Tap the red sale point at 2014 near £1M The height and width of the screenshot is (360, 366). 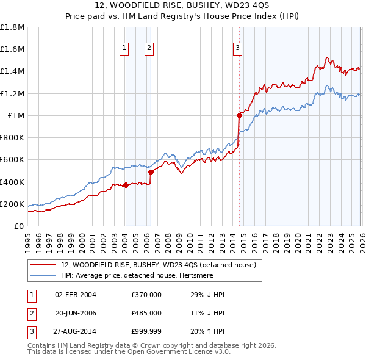(x=239, y=115)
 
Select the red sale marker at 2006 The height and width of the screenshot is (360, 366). (x=151, y=172)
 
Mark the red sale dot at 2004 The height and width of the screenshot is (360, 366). (x=125, y=185)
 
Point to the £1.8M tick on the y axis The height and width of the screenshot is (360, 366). (x=12, y=27)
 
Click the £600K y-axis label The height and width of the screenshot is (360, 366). (x=12, y=160)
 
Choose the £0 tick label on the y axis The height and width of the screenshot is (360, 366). (x=18, y=226)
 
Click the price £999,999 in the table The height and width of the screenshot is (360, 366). (x=146, y=333)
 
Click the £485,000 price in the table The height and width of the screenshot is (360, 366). (x=146, y=314)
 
